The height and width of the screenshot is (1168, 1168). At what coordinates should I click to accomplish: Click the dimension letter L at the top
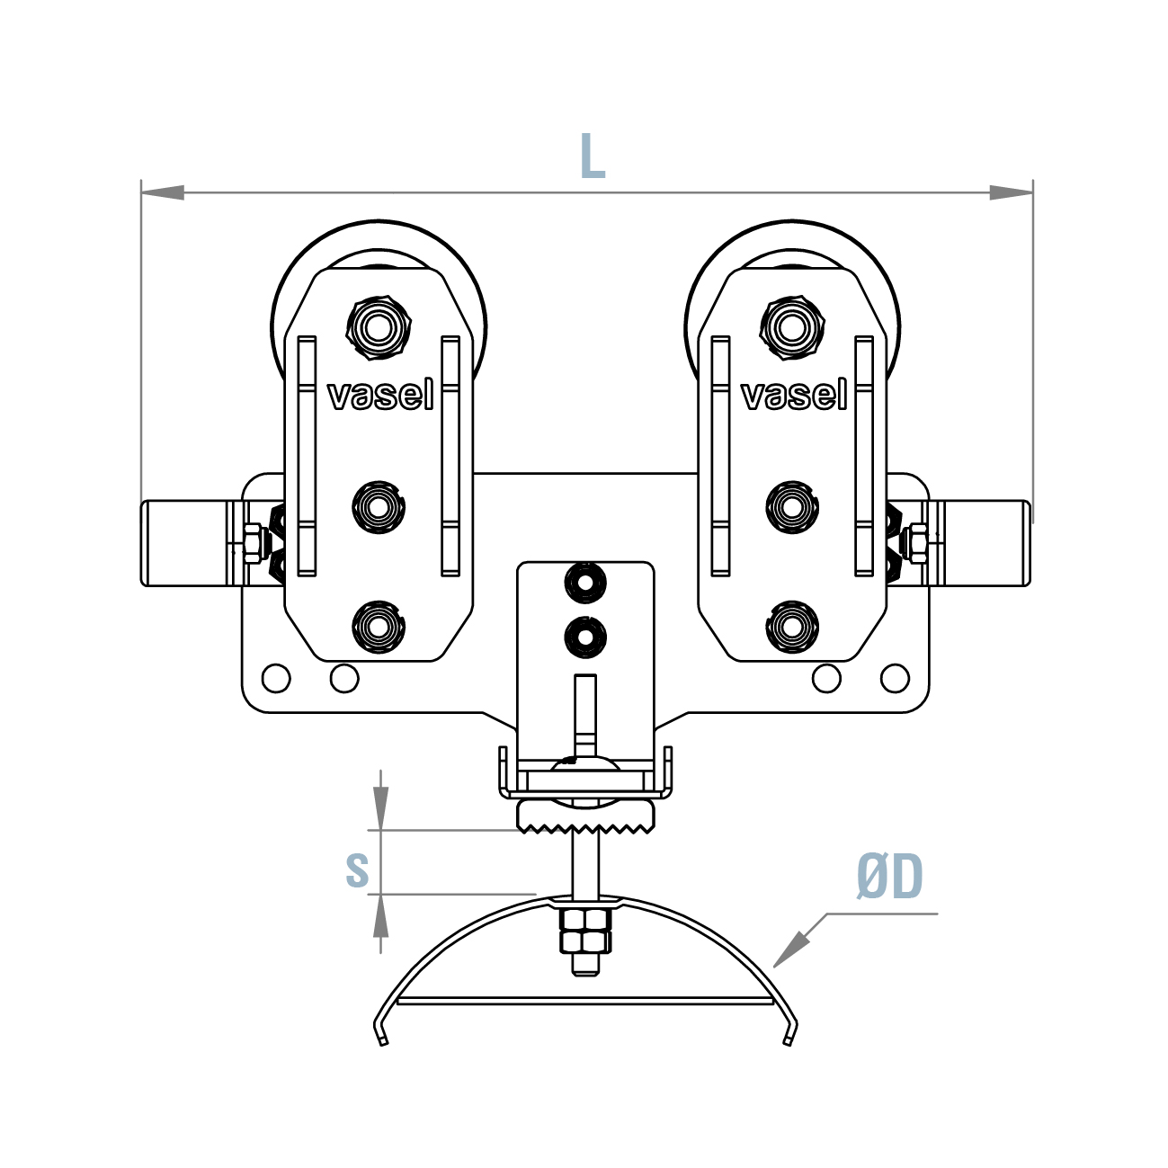[x=592, y=156]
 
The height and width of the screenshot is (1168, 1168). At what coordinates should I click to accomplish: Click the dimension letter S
[x=357, y=869]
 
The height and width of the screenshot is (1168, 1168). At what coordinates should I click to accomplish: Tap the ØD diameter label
[x=889, y=878]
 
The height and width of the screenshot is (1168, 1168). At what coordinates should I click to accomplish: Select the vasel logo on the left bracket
[x=380, y=395]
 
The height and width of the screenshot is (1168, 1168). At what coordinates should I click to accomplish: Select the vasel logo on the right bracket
[x=794, y=395]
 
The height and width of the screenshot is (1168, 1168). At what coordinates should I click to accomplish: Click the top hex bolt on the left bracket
[x=379, y=327]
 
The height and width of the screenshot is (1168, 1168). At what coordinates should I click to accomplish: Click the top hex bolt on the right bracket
[x=792, y=327]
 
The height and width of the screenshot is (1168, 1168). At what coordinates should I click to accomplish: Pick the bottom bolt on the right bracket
[x=792, y=627]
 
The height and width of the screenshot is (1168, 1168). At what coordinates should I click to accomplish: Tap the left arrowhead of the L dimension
[x=162, y=192]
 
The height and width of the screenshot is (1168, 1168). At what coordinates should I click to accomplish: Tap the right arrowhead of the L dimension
[x=1012, y=192]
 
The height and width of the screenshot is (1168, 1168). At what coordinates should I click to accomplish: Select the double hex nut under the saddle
[x=584, y=931]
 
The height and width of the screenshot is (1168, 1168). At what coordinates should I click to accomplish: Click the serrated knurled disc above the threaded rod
[x=585, y=816]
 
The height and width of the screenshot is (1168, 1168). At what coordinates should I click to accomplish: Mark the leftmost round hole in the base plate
[x=276, y=678]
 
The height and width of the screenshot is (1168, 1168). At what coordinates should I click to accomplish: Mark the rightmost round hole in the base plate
[x=895, y=678]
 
